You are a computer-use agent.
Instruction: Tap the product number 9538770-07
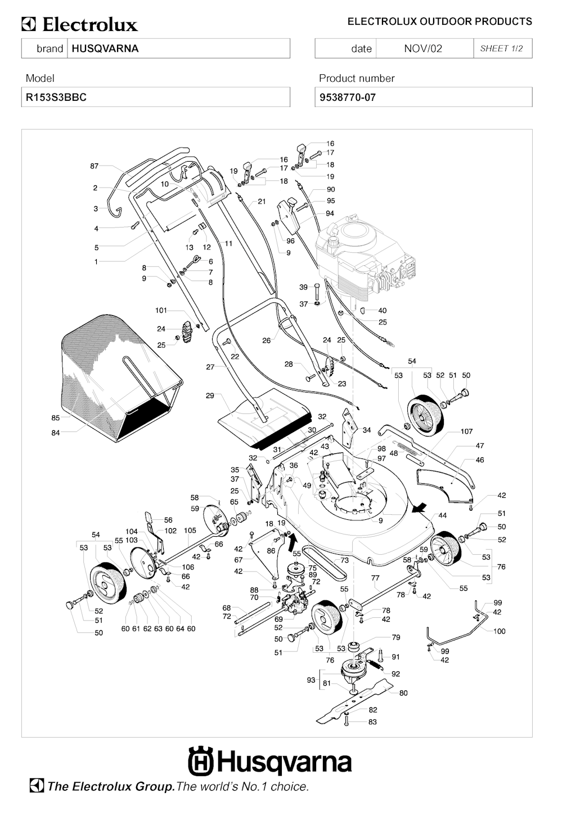pyautogui.click(x=348, y=97)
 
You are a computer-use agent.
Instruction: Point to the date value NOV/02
pyautogui.click(x=423, y=48)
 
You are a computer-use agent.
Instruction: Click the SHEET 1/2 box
pyautogui.click(x=502, y=48)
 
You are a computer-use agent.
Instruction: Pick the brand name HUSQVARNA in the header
pyautogui.click(x=105, y=48)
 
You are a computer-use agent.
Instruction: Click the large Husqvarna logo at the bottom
pyautogui.click(x=270, y=762)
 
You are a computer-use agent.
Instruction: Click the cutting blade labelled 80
pyautogui.click(x=354, y=701)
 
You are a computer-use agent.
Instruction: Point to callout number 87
pyautogui.click(x=94, y=166)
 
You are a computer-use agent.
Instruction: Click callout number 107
pyautogui.click(x=467, y=431)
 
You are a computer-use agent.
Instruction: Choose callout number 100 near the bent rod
pyautogui.click(x=499, y=631)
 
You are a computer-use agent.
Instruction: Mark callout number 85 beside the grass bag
pyautogui.click(x=56, y=418)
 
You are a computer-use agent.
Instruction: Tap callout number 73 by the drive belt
pyautogui.click(x=344, y=560)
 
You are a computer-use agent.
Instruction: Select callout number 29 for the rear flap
pyautogui.click(x=210, y=396)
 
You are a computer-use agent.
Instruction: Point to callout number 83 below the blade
pyautogui.click(x=372, y=721)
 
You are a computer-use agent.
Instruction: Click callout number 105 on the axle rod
pyautogui.click(x=190, y=531)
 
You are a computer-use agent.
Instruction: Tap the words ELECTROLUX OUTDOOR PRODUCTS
pyautogui.click(x=439, y=21)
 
